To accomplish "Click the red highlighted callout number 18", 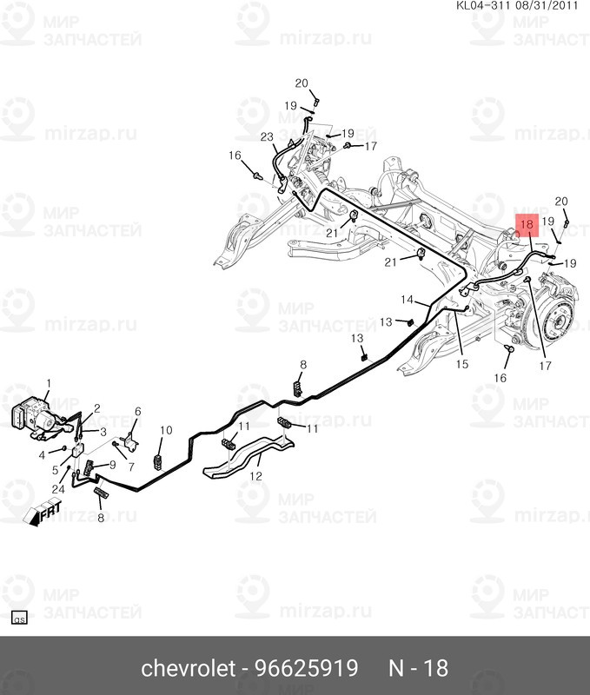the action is coord(527,225).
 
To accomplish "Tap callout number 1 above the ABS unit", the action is coord(49,383).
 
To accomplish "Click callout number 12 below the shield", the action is coord(255,476).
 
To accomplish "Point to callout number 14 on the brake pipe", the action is coord(407,300).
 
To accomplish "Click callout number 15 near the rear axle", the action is coord(462,364).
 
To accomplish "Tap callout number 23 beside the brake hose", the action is coord(267,137).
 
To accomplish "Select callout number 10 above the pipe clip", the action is coord(166,430).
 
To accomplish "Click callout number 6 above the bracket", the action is coord(138,412).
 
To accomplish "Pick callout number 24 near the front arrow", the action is coord(58,489).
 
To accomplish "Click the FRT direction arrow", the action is coord(43,513).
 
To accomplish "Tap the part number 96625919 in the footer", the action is coord(306,668).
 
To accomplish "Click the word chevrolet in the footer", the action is coord(188,668).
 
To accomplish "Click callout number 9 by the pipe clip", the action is coord(112,465).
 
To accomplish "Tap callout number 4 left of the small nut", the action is coord(42,455).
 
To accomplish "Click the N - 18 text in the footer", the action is coord(419,668).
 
